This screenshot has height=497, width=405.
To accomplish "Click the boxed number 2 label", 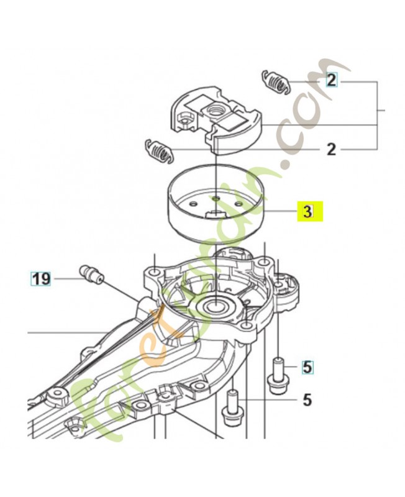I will [332, 81].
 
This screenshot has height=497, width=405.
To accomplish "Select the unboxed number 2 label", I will [332, 149].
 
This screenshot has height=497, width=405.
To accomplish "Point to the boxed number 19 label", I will [41, 279].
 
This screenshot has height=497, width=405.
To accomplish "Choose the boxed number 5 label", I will [307, 367].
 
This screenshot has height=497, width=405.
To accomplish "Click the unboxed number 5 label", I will [307, 399].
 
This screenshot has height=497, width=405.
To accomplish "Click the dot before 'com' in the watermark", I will [286, 165].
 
